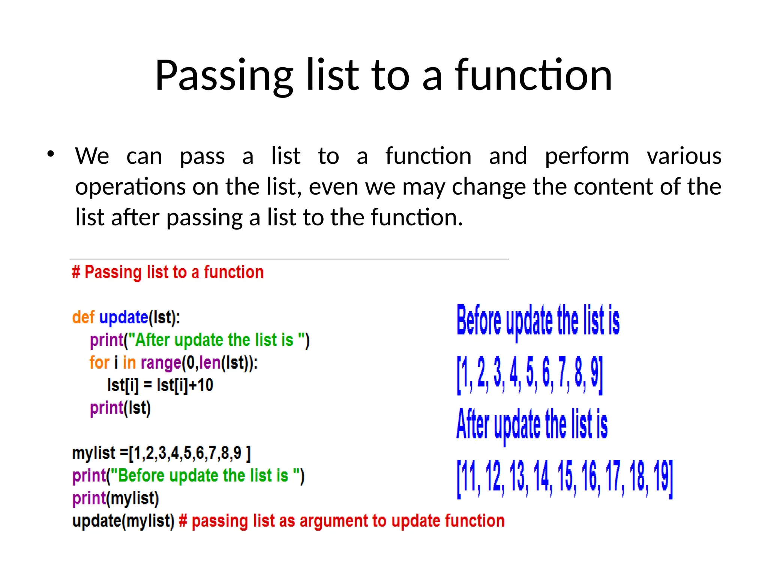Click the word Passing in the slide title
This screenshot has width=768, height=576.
point(224,76)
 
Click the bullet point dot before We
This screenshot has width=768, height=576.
point(51,154)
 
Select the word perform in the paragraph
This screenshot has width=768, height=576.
point(586,156)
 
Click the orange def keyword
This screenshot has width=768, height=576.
point(83,318)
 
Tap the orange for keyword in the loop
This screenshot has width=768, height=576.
point(99,363)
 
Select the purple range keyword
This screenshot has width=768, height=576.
point(161,363)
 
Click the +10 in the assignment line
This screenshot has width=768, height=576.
point(201,385)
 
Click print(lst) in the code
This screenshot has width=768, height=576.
point(120,408)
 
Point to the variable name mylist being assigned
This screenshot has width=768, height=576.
point(93,453)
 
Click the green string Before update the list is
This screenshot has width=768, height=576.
point(203,475)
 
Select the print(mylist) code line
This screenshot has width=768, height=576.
point(115,498)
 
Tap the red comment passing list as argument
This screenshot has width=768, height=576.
point(342,521)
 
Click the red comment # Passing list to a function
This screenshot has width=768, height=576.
point(168,272)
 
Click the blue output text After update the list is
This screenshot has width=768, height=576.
point(532,425)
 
